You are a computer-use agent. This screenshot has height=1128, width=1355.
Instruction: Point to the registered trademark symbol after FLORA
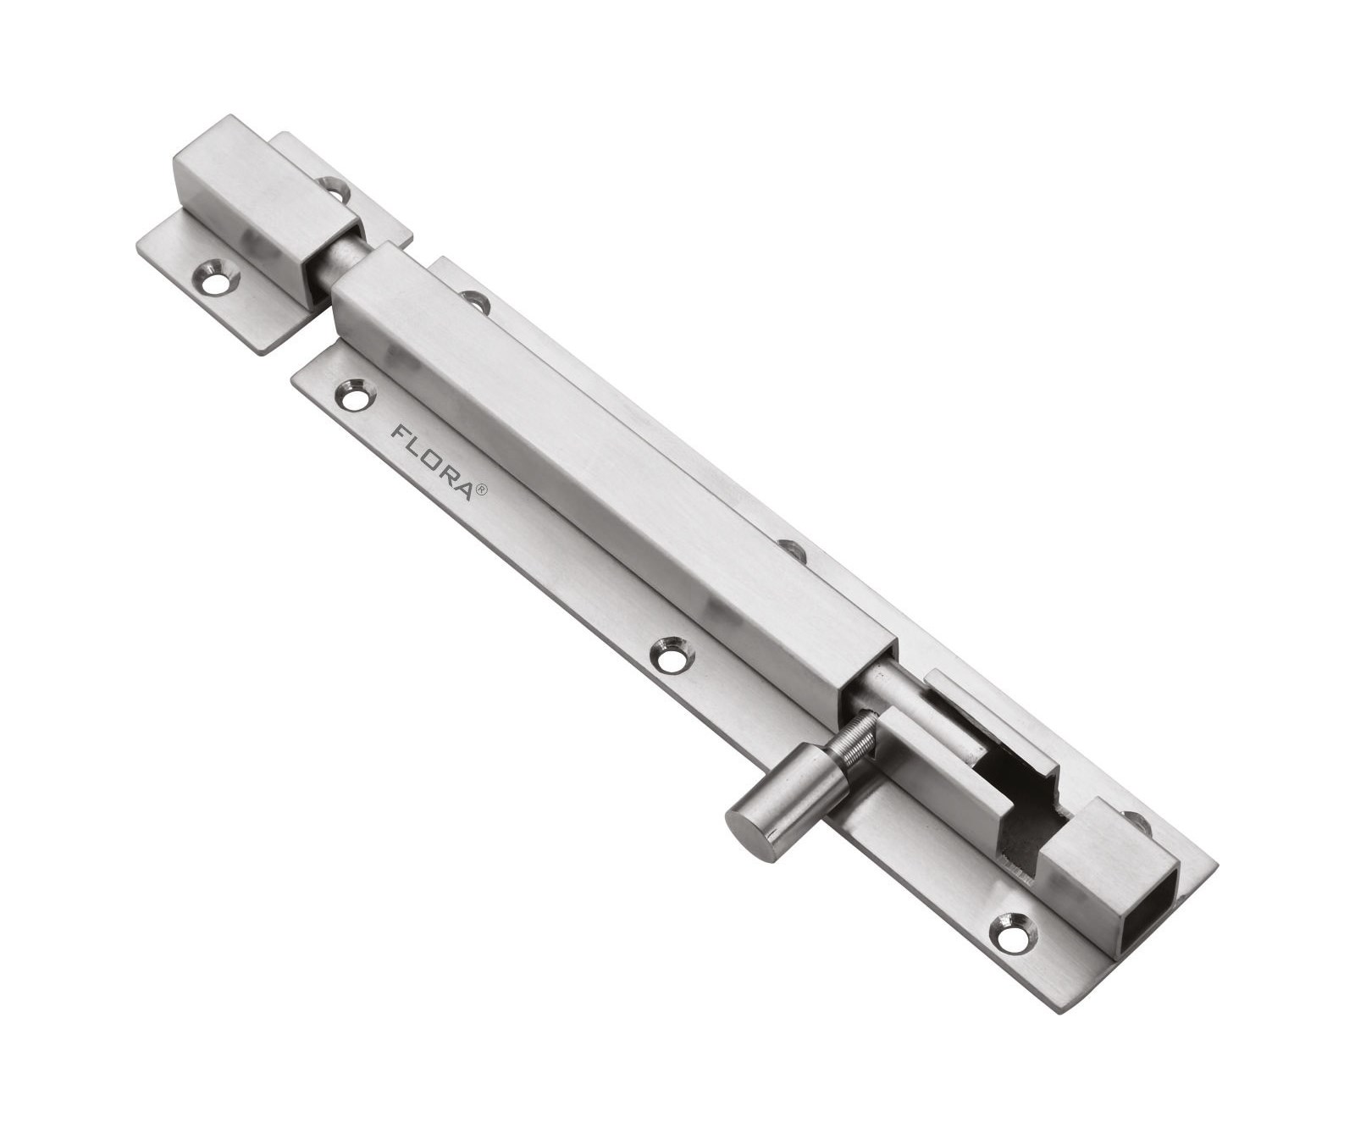point(480,489)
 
